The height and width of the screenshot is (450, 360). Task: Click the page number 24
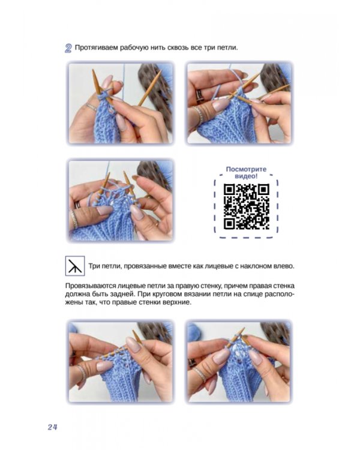click(x=53, y=427)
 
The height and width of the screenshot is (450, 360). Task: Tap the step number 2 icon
click(x=68, y=48)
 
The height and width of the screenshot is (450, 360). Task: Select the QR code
click(x=247, y=206)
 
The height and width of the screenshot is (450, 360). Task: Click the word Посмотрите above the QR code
click(x=246, y=169)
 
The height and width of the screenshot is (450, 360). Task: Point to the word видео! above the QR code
click(x=246, y=176)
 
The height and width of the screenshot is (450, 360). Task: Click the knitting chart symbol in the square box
click(x=75, y=266)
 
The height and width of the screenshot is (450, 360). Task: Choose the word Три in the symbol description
click(x=94, y=266)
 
